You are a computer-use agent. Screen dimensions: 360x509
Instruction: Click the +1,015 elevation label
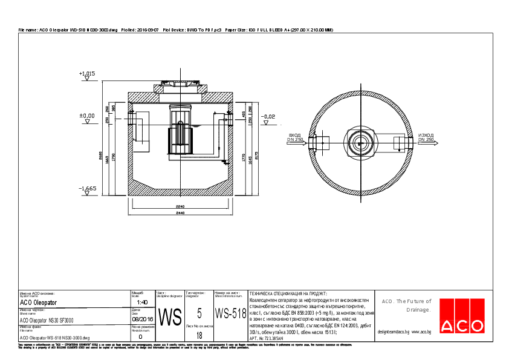click(x=87, y=73)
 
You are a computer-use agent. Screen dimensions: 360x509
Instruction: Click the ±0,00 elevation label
click(x=87, y=115)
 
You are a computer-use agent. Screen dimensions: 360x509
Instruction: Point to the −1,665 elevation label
click(x=87, y=188)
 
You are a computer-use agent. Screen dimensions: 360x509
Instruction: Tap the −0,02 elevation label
click(x=267, y=116)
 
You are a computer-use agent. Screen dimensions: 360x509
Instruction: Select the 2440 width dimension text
click(x=180, y=214)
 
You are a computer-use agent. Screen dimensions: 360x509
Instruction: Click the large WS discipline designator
click(x=169, y=317)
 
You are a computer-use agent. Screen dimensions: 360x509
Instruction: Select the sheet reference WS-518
click(x=230, y=313)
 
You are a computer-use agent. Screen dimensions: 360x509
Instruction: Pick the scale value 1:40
click(x=142, y=302)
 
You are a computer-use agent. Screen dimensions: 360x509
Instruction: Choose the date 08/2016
click(x=142, y=319)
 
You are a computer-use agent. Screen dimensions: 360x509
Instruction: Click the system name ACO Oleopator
click(x=39, y=302)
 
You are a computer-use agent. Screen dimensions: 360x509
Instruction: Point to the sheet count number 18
click(x=199, y=335)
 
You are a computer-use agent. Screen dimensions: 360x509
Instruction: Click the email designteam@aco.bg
click(x=394, y=332)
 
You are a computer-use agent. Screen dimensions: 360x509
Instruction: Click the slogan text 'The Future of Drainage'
click(x=406, y=305)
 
